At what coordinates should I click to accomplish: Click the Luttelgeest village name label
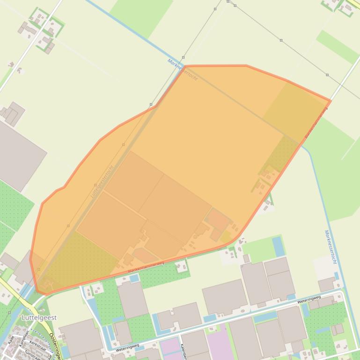coord(39,317)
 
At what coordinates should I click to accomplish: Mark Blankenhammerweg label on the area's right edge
coord(316,122)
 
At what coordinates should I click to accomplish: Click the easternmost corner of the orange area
coord(331,101)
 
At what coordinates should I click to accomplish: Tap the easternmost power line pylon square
coord(327,75)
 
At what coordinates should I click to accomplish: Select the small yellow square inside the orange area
coord(225,237)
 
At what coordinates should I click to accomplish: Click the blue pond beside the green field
coord(278,246)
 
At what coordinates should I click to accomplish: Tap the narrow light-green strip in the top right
coord(337,47)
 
